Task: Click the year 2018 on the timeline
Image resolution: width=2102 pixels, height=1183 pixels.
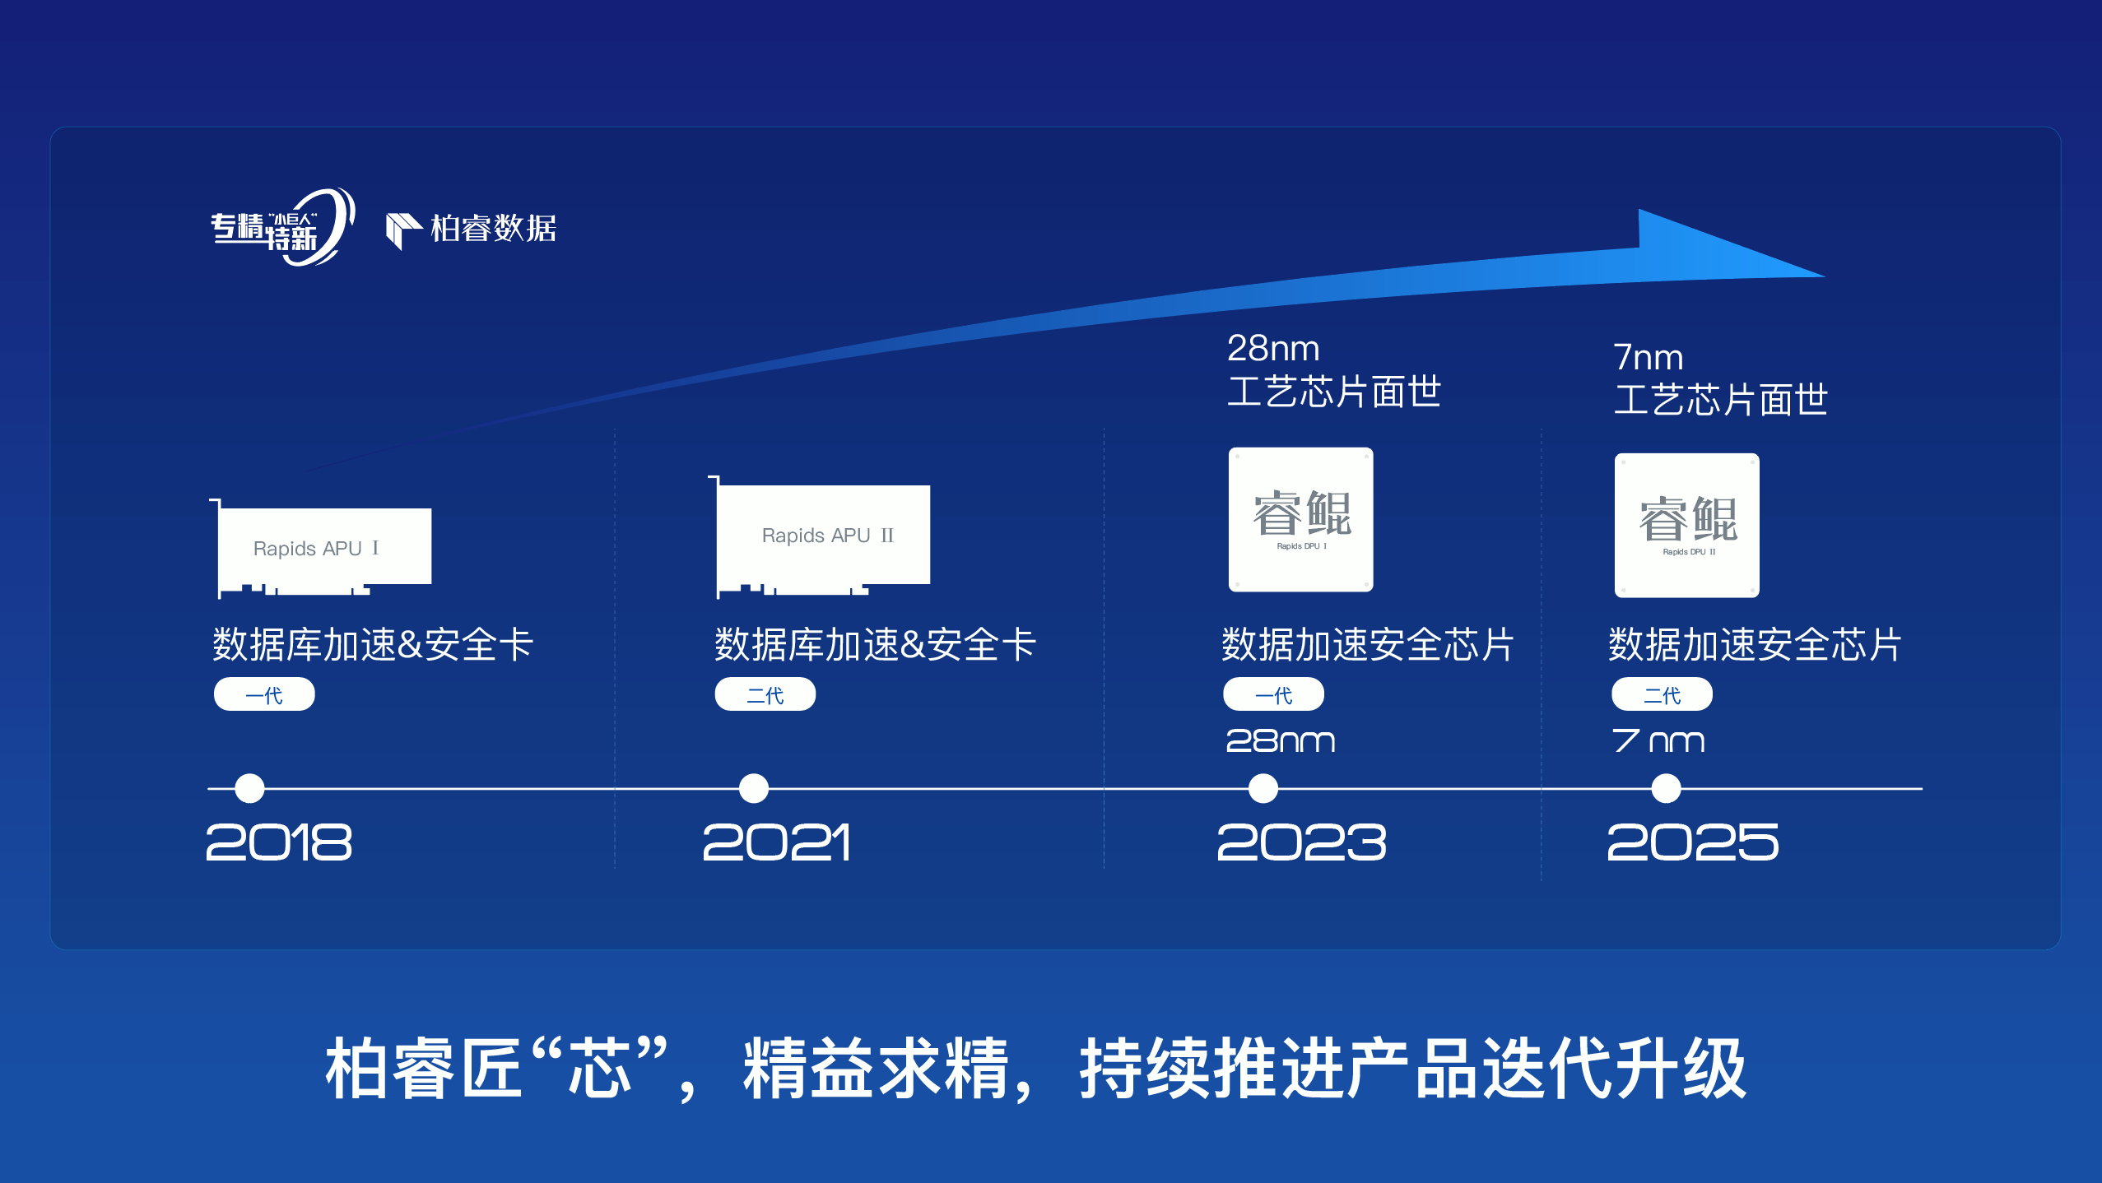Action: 278,842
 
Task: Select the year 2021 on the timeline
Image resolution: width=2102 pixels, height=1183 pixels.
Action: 776,842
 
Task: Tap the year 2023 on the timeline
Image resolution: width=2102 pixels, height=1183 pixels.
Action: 1301,842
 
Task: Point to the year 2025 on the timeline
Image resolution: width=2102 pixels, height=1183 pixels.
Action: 1692,842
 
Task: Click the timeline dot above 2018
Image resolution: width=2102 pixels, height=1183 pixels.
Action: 249,788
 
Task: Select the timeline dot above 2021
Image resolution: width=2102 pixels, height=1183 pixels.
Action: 753,788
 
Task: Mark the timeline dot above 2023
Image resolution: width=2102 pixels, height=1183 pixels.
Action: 1263,788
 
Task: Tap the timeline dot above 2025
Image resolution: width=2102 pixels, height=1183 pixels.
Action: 1666,788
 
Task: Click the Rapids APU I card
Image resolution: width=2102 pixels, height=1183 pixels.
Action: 323,548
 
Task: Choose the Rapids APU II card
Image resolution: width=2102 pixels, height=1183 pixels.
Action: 823,536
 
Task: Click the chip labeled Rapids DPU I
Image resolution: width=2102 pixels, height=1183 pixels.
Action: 1300,519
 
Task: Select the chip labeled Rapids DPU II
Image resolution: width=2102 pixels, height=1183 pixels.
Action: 1686,525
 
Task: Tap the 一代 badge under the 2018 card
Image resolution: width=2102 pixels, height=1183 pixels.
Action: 264,694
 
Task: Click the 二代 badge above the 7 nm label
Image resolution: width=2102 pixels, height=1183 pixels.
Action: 1662,694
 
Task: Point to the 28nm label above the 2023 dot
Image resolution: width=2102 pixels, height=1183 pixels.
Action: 1280,741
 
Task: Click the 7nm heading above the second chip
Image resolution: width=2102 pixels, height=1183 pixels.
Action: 1648,357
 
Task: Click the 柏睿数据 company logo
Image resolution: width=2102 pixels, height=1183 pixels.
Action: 472,229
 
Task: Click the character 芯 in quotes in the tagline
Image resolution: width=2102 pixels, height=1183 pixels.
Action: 599,1068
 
